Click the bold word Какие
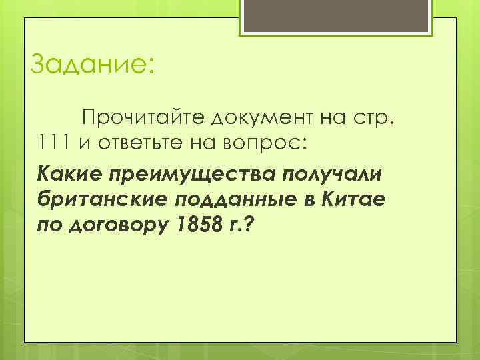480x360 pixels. [66, 174]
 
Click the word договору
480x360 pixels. [116, 226]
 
